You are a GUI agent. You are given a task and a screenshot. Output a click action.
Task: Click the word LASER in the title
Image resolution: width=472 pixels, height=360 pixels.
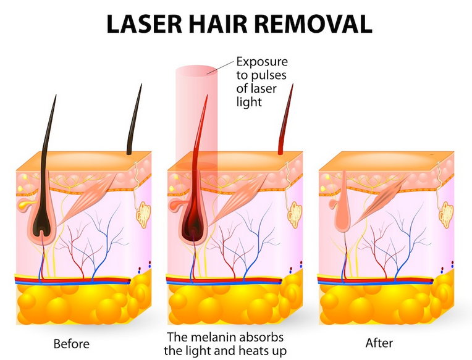pos(145,23)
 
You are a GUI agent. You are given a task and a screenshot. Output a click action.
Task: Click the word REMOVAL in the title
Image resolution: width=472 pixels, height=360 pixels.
pos(310,23)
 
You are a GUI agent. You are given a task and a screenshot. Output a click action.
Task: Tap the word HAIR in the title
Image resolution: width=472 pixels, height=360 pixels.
pos(214,23)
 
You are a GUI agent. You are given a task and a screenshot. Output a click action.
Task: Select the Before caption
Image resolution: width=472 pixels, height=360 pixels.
pos(71,344)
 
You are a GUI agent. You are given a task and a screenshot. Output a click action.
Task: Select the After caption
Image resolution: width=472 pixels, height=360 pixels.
pos(379,343)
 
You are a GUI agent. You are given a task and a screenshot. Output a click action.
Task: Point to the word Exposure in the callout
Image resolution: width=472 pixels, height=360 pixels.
pos(262,62)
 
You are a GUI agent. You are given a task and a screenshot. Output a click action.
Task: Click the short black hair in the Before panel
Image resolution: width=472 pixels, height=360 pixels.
pos(135,120)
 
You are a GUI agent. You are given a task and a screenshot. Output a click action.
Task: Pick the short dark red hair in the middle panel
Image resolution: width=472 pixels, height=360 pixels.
pos(285,120)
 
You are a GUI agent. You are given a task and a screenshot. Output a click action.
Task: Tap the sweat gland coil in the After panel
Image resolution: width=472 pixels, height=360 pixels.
pos(446,215)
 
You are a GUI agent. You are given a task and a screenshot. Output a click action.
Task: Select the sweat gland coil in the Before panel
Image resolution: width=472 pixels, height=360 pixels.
pos(143,215)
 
